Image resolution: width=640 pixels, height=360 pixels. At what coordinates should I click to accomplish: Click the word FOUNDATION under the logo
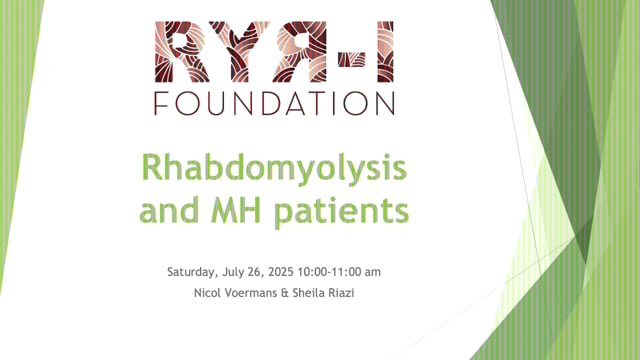click(x=274, y=103)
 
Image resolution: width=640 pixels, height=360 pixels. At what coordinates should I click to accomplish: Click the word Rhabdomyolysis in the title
click(x=273, y=169)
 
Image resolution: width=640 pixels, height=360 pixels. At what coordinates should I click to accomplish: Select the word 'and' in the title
click(x=168, y=211)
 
